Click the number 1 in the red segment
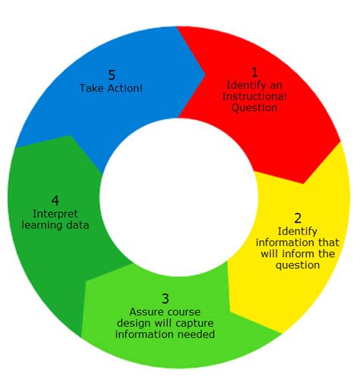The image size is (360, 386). click(x=255, y=72)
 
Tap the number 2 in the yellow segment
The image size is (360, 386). click(x=298, y=218)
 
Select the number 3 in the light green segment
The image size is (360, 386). click(x=166, y=299)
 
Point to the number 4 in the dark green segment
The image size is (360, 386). click(x=55, y=201)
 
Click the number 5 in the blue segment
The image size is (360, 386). click(x=112, y=75)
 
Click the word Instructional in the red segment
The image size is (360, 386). click(x=255, y=96)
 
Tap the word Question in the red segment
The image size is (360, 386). click(x=255, y=108)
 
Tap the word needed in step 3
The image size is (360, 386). click(x=194, y=334)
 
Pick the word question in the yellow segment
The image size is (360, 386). click(x=298, y=265)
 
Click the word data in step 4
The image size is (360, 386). click(x=78, y=225)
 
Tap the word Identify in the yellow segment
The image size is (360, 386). click(x=298, y=231)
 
